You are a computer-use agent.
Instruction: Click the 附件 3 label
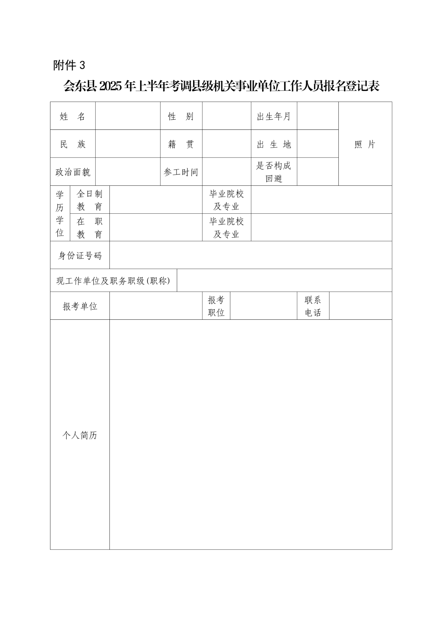(69, 65)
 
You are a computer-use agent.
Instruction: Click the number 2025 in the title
(111, 86)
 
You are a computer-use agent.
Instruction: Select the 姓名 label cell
(73, 116)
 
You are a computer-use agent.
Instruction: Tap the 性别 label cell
(181, 116)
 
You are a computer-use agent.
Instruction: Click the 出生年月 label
(273, 116)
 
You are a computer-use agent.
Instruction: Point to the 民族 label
(73, 144)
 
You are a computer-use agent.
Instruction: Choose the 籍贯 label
(181, 144)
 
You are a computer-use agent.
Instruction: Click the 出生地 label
(273, 144)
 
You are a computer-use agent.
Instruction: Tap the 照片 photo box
(365, 144)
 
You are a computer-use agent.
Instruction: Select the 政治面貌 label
(73, 172)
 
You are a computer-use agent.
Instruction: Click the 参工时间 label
(181, 172)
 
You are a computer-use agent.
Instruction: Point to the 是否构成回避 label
(273, 172)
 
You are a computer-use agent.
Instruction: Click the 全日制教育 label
(89, 200)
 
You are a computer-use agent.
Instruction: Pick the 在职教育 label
(89, 228)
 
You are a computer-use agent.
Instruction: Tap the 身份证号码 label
(80, 256)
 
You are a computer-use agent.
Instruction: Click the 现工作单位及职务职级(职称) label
(113, 281)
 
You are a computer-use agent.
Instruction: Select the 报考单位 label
(80, 306)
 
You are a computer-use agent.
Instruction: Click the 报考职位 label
(216, 306)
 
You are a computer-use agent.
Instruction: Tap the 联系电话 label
(313, 306)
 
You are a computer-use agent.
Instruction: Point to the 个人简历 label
(80, 435)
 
